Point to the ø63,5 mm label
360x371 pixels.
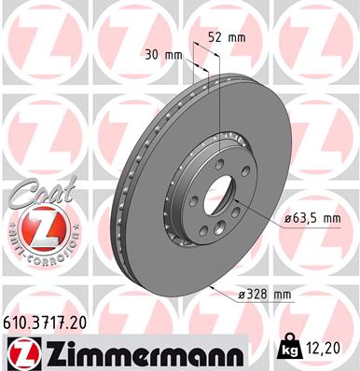click(x=312, y=218)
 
